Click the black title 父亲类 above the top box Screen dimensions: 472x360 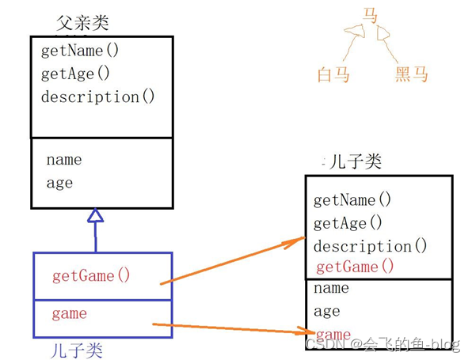click(82, 23)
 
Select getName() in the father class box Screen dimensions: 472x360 click(80, 51)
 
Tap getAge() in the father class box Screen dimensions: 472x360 click(75, 74)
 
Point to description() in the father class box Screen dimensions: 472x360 click(98, 97)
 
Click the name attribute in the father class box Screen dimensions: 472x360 click(64, 160)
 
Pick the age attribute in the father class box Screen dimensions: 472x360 click(59, 183)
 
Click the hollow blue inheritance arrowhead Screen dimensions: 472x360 click(95, 215)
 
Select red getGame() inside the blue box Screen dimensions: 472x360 click(91, 276)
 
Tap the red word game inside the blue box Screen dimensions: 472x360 click(70, 314)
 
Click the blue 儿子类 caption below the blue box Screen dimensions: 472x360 click(77, 351)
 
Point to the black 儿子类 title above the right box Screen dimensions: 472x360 click(356, 161)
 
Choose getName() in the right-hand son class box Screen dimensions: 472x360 click(352, 200)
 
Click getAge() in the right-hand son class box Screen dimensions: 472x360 click(348, 223)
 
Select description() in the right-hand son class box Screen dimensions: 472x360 click(371, 246)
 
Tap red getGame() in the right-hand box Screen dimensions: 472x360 click(355, 267)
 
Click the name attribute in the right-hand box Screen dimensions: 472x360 click(331, 289)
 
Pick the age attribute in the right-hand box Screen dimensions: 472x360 click(327, 312)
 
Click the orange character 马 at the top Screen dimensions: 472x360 click(370, 16)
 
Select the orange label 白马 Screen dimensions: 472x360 click(333, 74)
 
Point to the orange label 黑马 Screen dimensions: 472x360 click(412, 74)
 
